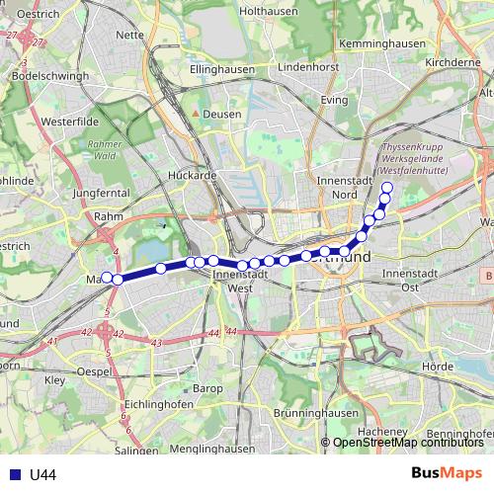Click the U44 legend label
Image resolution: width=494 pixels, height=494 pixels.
(x=42, y=475)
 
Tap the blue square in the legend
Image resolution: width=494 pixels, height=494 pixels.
(x=13, y=475)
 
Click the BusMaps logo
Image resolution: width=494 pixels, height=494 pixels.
(x=447, y=474)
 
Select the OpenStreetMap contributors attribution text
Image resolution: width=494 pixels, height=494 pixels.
(x=407, y=444)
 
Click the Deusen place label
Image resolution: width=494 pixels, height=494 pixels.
(x=222, y=114)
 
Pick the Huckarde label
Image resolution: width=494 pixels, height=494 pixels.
(x=192, y=175)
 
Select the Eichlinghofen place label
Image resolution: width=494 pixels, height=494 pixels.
(x=159, y=405)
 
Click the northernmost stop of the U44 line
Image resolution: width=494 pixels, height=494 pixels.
(x=386, y=188)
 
